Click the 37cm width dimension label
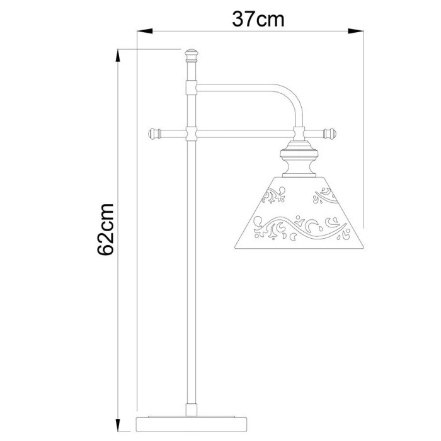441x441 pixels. click(x=258, y=20)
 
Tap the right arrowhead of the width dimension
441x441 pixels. click(x=358, y=30)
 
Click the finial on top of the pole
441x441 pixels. click(x=192, y=55)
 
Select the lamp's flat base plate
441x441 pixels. click(x=192, y=421)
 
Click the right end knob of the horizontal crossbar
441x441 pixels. click(x=329, y=133)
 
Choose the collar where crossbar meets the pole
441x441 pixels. click(x=192, y=133)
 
